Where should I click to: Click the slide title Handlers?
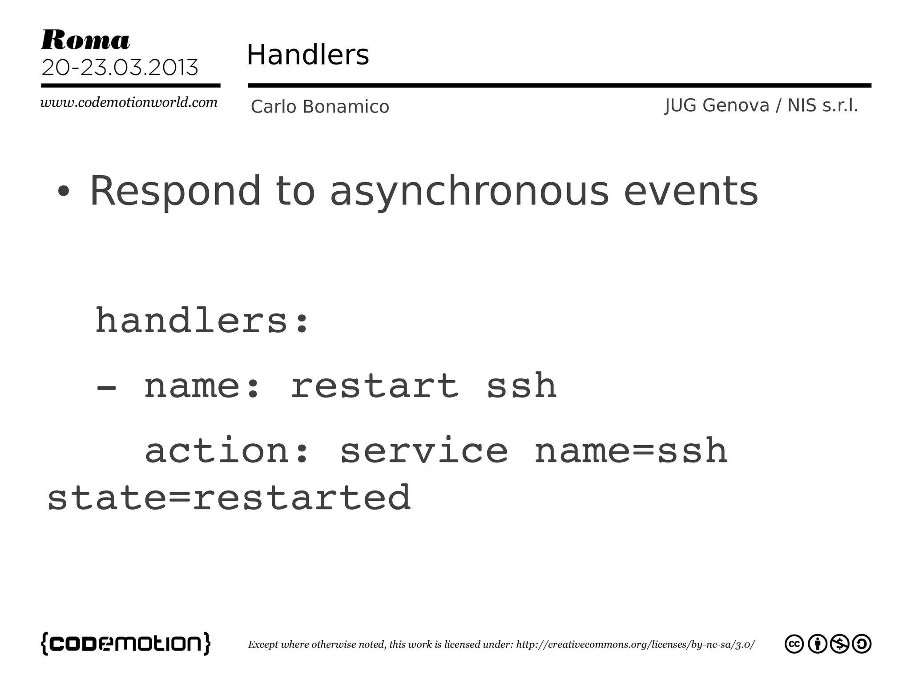point(307,55)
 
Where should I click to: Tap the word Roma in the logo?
point(85,40)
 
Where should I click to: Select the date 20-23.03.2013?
point(120,68)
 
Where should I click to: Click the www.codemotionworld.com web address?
point(129,102)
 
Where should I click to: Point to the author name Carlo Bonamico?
point(320,107)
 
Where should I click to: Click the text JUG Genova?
point(717,105)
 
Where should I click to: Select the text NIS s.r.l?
point(822,105)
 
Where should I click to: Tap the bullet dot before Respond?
point(64,191)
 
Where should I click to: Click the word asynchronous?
point(469,191)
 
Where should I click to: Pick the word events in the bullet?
point(691,191)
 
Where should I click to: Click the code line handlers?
point(202,320)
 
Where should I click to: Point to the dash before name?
point(106,387)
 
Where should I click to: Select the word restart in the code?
point(374,386)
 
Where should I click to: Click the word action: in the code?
point(226,450)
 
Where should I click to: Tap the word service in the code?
point(423,450)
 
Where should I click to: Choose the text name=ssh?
point(631,450)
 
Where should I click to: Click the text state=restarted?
point(229,498)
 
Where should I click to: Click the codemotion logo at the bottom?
point(126,643)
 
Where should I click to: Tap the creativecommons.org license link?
point(635,645)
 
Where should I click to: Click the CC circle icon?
point(794,644)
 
